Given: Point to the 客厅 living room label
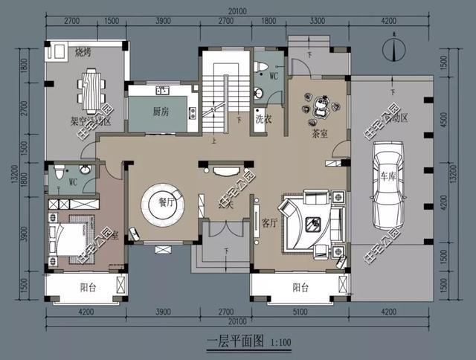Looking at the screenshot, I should click(269, 222).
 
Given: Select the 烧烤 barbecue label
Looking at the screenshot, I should click(82, 52).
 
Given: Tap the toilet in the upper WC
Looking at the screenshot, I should click(260, 68).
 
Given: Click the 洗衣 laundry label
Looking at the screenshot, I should click(262, 119).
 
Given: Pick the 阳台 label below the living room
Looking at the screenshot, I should click(300, 287).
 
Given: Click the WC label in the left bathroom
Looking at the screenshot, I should click(73, 181).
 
